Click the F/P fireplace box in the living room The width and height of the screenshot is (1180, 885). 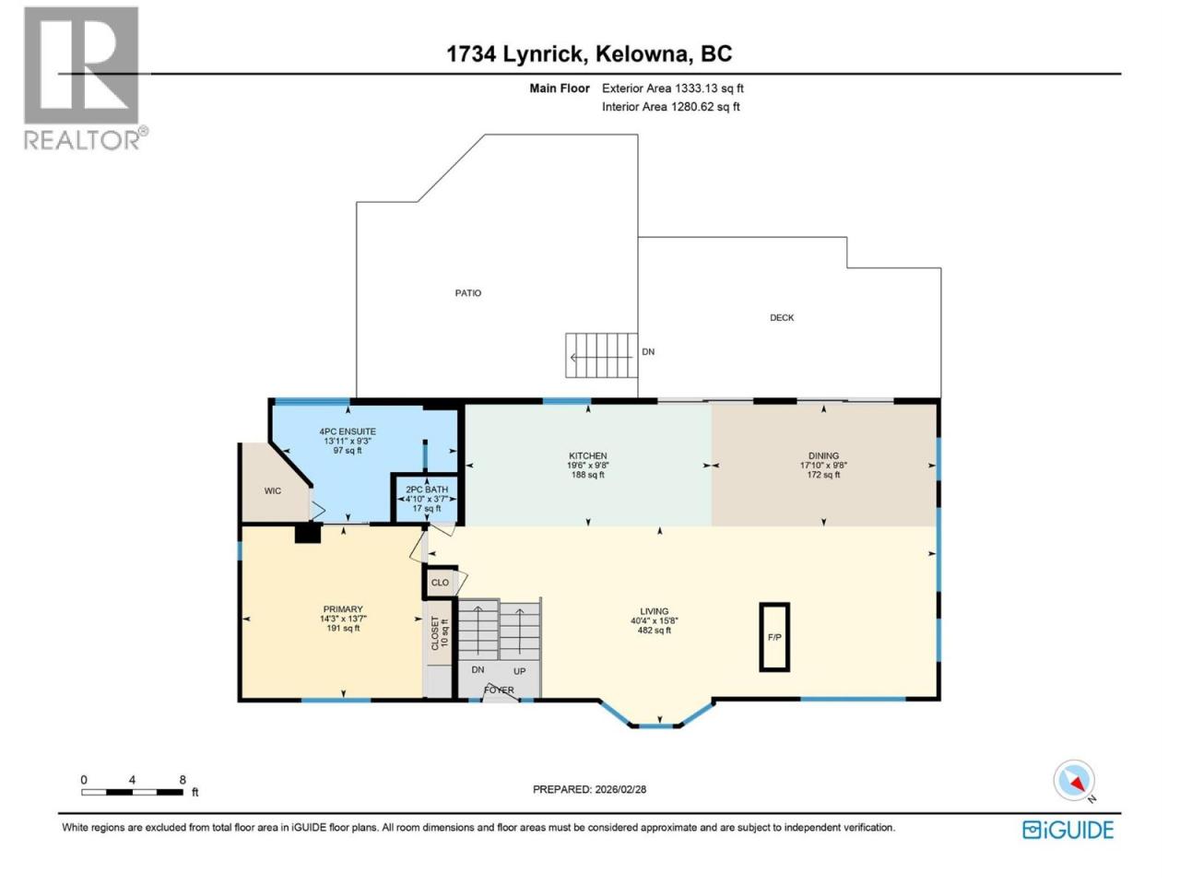(773, 637)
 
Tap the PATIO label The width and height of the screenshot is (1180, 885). (467, 293)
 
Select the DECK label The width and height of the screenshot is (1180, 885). (781, 317)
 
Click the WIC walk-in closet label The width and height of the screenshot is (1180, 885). (273, 490)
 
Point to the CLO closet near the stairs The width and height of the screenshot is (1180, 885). (440, 583)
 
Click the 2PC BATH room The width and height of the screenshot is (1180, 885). (426, 499)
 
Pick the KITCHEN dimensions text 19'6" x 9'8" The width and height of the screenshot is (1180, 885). (587, 466)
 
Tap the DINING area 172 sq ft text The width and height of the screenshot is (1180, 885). (823, 475)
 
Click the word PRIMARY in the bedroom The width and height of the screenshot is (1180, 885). (342, 609)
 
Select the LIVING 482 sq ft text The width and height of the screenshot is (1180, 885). (654, 631)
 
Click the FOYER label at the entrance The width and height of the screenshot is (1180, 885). (499, 690)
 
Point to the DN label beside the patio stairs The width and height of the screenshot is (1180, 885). (648, 352)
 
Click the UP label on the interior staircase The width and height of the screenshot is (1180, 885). (519, 671)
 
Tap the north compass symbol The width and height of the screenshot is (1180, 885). (1074, 780)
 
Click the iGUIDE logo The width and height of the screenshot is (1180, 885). (1068, 831)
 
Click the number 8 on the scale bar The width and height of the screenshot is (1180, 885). (183, 780)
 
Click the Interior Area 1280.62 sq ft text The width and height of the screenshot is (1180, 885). (670, 107)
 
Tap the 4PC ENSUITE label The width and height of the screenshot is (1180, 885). (348, 431)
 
